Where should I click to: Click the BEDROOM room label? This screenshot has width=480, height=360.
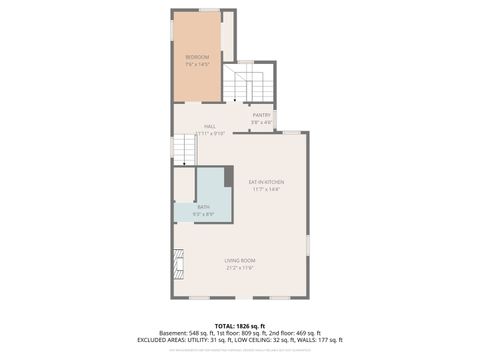pos(196,57)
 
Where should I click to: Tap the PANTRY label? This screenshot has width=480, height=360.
pos(261,115)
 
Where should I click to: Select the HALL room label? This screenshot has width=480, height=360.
pos(210,126)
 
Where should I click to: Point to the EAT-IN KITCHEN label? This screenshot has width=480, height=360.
pos(267,181)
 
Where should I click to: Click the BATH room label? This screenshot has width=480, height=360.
pos(203,207)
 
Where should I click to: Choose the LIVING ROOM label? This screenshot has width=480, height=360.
pos(240,261)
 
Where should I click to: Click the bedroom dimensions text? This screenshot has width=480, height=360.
pos(196,64)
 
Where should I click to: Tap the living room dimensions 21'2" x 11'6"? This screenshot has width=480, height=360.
pos(240,268)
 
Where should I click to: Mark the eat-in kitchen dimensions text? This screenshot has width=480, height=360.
pos(267,188)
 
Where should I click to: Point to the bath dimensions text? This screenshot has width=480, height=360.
pos(203,214)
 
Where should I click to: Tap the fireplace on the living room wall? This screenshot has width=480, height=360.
pos(179,263)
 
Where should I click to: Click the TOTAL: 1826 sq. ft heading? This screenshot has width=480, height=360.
pos(240,326)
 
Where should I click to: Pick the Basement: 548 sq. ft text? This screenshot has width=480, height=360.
pos(188,333)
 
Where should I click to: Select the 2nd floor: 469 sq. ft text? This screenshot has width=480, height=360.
pos(294,333)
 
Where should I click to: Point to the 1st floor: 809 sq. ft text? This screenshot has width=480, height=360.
pos(240,333)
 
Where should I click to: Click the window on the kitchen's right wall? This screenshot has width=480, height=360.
pos(308,242)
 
